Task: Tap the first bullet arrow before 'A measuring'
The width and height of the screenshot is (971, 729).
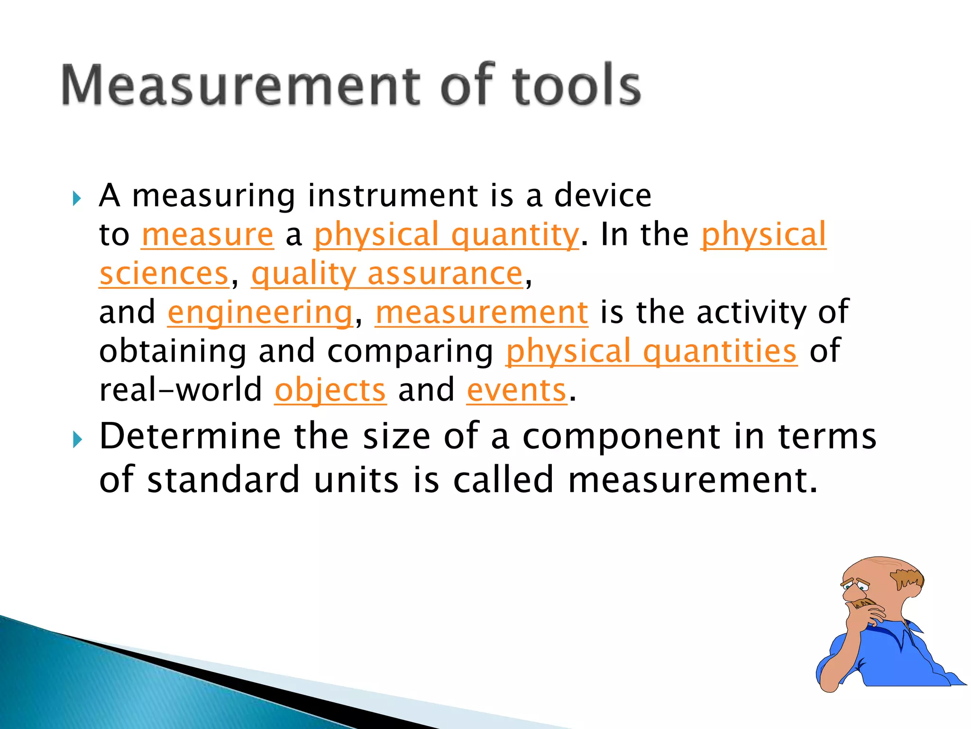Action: tap(77, 198)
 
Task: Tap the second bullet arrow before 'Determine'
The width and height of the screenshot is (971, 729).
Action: tap(77, 440)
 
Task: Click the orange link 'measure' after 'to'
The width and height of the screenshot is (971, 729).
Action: tap(208, 234)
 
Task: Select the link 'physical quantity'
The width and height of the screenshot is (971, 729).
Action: tap(446, 234)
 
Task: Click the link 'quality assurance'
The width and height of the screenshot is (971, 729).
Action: tap(387, 274)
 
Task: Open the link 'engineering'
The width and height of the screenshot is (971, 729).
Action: tap(260, 313)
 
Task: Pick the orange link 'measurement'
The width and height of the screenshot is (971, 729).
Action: tap(482, 313)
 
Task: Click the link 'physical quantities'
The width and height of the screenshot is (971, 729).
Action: tap(651, 351)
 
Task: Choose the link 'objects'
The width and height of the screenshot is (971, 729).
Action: tap(330, 390)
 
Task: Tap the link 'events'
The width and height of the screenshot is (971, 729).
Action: tap(517, 390)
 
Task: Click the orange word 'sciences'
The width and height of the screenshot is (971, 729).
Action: tap(164, 274)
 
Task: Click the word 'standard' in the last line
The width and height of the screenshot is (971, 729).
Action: tap(224, 480)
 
